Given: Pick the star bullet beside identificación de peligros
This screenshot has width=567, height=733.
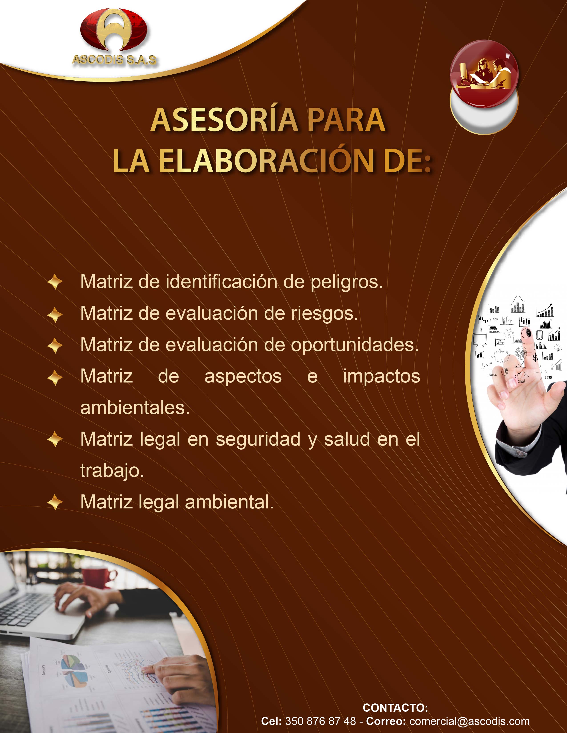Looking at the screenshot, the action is pyautogui.click(x=55, y=282).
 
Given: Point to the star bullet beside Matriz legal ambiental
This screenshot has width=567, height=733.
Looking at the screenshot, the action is pyautogui.click(x=55, y=502).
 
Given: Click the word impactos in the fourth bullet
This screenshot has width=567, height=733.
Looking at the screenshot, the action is pyautogui.click(x=382, y=376).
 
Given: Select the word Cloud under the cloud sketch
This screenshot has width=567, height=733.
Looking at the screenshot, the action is pyautogui.click(x=521, y=382).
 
